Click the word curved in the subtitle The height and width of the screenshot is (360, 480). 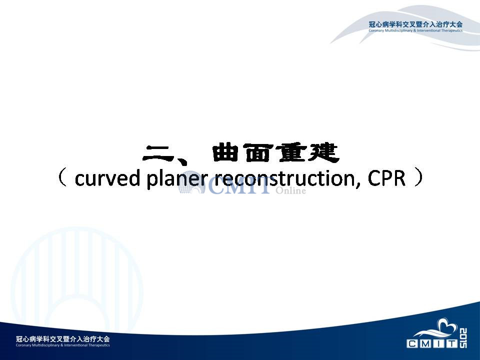[x=107, y=178]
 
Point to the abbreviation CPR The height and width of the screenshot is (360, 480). [x=386, y=178]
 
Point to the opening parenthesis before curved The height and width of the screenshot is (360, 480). [x=62, y=178]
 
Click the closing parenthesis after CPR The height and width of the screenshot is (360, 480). [x=418, y=178]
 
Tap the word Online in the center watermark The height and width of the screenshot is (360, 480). [x=291, y=190]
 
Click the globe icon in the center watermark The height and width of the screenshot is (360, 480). [x=191, y=182]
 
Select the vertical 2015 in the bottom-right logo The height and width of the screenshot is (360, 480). [x=463, y=338]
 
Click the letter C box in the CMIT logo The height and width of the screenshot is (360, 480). [x=412, y=344]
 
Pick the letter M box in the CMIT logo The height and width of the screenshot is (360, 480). [x=425, y=344]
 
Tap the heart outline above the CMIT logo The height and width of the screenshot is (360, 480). [x=447, y=324]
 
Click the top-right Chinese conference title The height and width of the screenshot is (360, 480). [x=415, y=24]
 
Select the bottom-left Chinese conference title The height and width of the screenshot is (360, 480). [x=63, y=338]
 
